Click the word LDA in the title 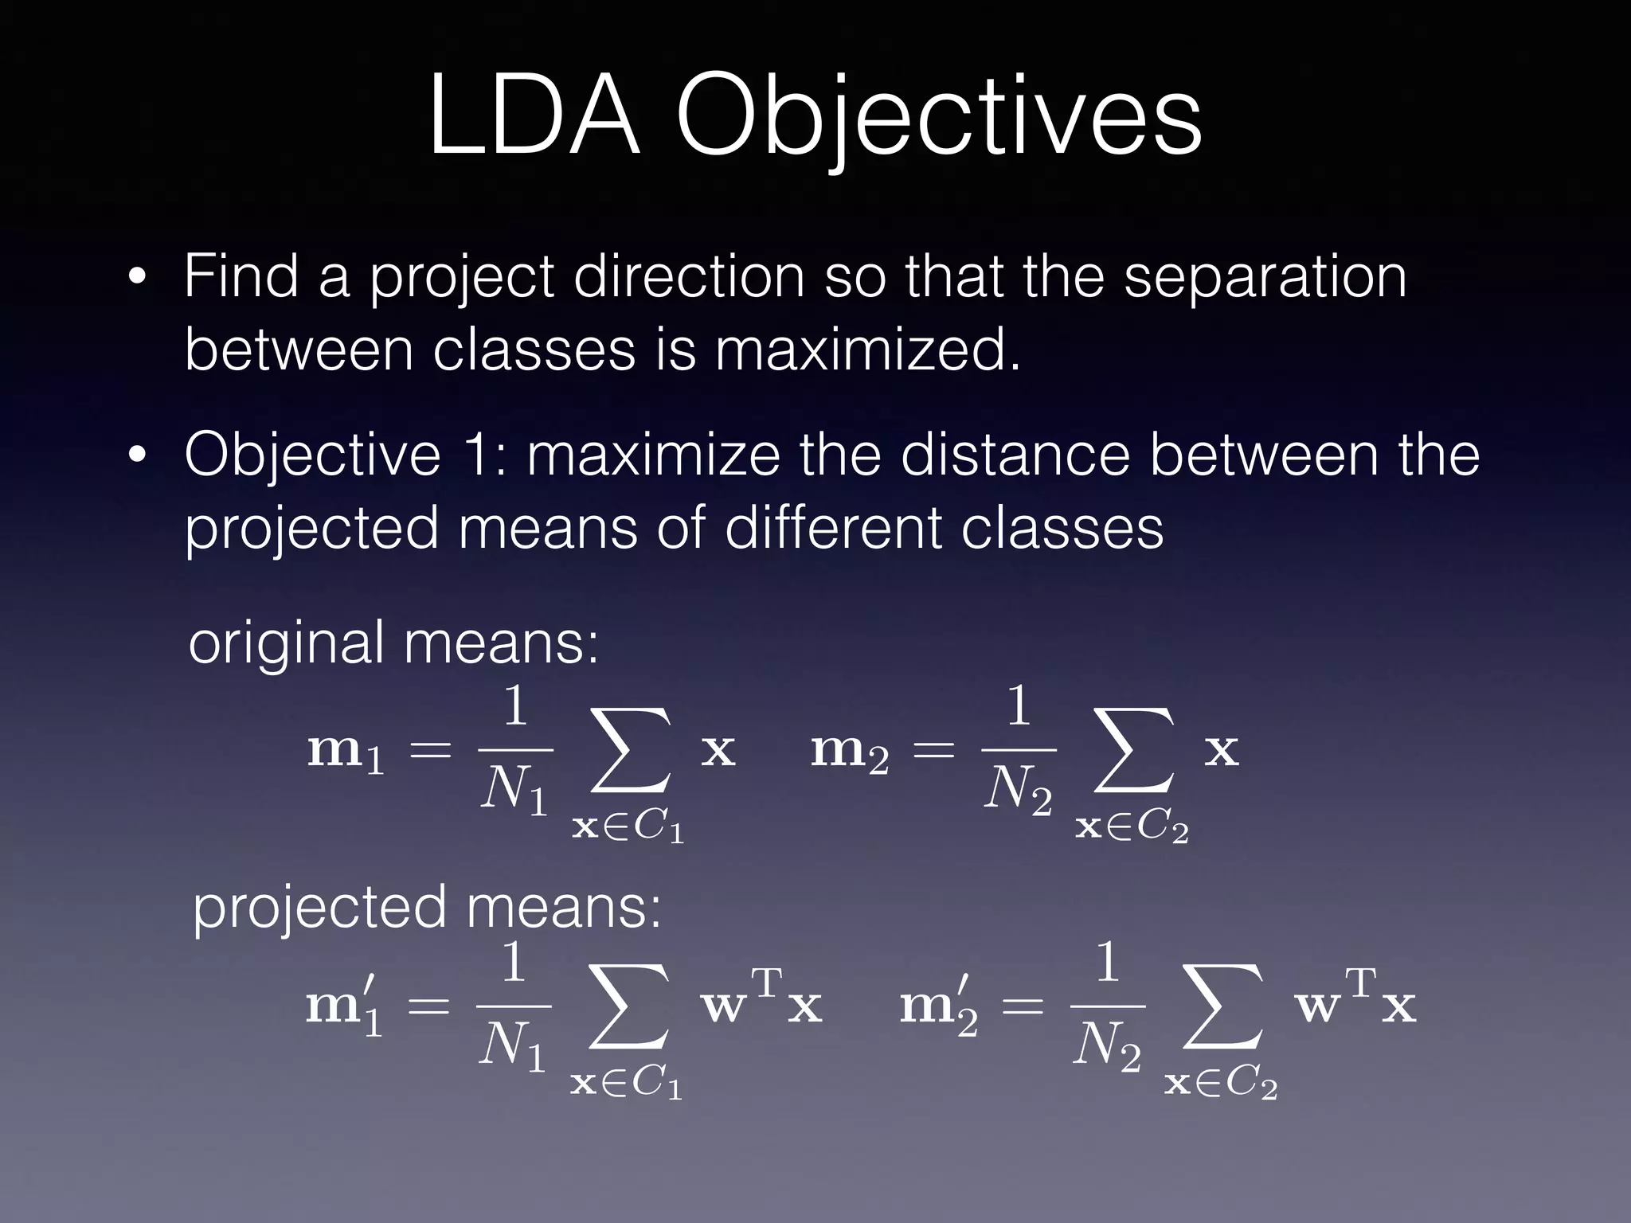pos(534,116)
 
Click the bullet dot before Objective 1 pos(138,455)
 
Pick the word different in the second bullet pos(833,529)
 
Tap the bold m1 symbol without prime pos(345,752)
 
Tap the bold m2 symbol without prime pos(849,752)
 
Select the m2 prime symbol pos(938,1006)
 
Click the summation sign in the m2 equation pos(1134,752)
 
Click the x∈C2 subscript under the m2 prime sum pos(1221,1083)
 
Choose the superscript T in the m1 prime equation pos(768,983)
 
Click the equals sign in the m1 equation pos(430,752)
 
